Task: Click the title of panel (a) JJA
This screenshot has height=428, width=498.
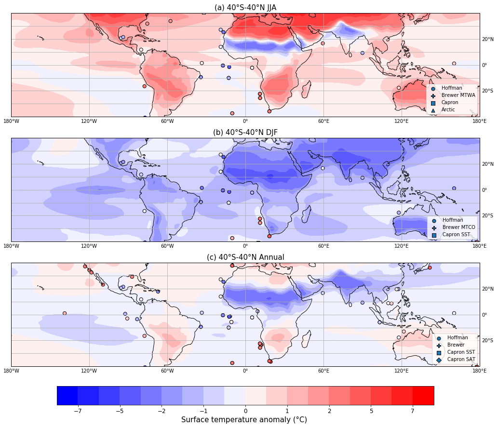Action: coord(245,7)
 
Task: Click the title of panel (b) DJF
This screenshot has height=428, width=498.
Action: coord(245,132)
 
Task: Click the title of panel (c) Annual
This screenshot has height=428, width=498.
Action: coord(245,257)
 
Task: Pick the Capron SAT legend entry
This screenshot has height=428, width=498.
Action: coord(461,360)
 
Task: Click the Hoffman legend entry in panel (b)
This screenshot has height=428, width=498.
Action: coord(452,220)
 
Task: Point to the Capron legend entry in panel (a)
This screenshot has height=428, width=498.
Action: coord(450,103)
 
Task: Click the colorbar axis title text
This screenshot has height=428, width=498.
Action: coord(243,420)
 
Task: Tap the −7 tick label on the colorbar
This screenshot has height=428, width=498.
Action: coord(78,411)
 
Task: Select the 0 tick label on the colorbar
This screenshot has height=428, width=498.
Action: coord(245,411)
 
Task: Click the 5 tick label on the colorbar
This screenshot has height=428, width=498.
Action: coord(371,411)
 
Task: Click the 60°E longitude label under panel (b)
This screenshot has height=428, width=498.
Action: coord(323,246)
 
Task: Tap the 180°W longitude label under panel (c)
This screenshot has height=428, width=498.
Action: coord(11,371)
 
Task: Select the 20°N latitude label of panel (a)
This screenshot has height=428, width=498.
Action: coord(487,40)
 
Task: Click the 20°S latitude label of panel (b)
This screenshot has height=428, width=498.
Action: coord(487,215)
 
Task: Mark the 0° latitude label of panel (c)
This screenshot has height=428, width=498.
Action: coord(485,315)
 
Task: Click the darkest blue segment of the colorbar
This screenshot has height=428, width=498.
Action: coord(67,395)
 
